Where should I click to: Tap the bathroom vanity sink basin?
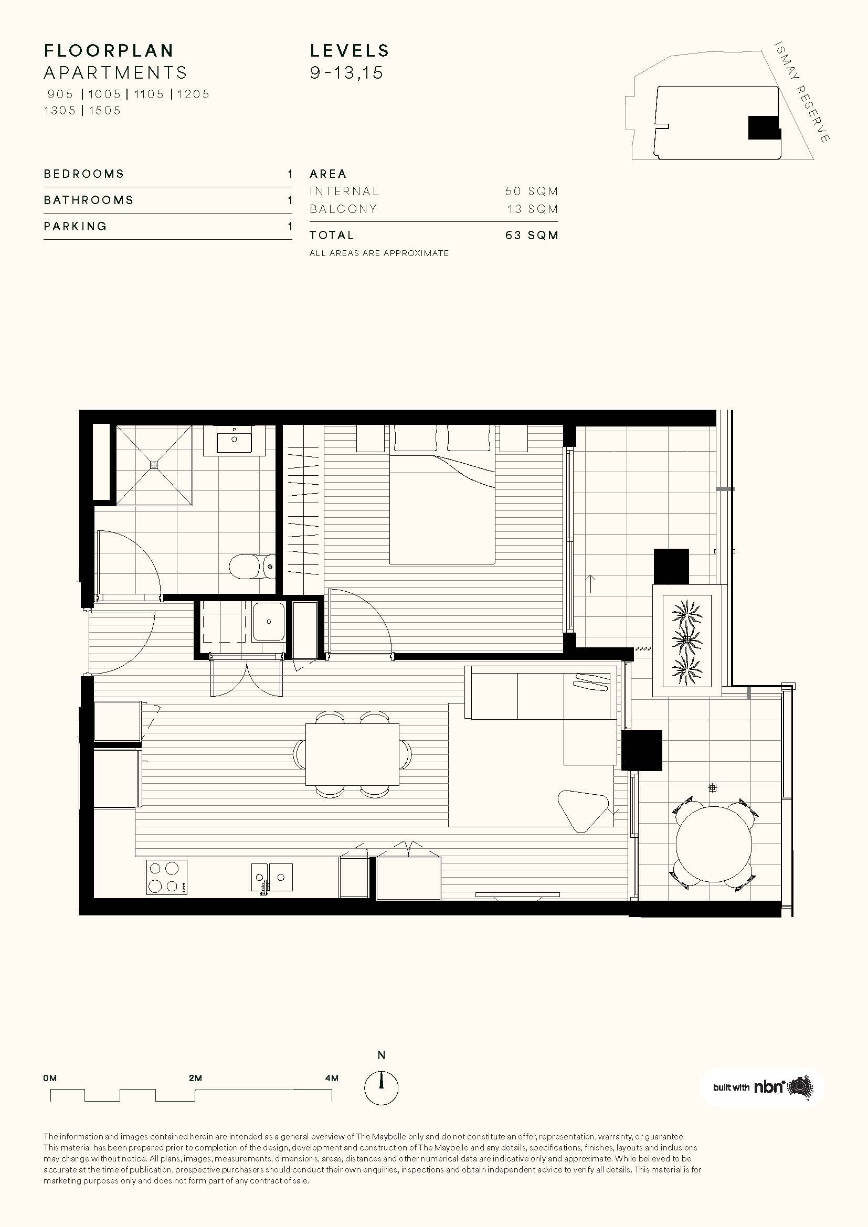[234, 440]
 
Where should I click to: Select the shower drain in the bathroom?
[154, 465]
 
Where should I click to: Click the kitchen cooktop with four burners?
[167, 878]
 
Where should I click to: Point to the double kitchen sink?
[272, 878]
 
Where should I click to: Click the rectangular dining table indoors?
[352, 754]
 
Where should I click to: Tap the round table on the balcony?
[714, 844]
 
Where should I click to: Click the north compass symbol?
[381, 1087]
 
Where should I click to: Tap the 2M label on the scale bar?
[195, 1079]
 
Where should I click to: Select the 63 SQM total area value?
[532, 235]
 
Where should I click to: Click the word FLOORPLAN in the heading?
[109, 51]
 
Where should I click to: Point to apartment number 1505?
[105, 111]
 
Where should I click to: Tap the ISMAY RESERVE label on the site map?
[802, 92]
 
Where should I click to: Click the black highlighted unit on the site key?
[764, 127]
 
